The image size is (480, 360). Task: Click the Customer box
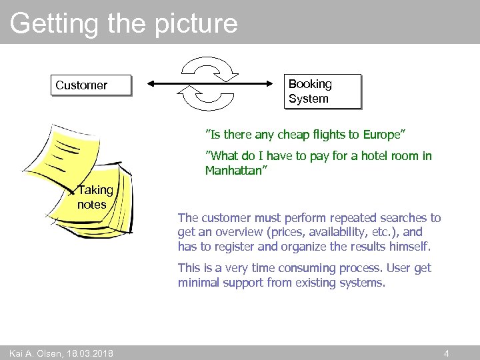click(x=91, y=85)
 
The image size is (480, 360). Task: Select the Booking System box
click(x=324, y=91)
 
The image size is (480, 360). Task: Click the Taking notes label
click(x=95, y=197)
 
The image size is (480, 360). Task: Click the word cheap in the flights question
click(x=291, y=135)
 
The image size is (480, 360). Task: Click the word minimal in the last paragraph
click(x=198, y=283)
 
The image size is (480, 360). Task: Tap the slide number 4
click(x=447, y=353)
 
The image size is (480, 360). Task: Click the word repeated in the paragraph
click(x=339, y=217)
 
